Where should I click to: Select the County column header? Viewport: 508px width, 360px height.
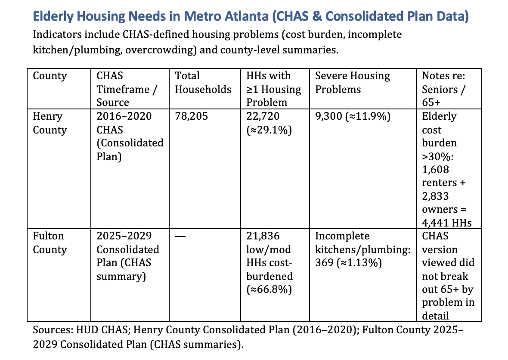point(50,76)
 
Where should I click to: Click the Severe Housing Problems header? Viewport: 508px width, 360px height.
point(353,83)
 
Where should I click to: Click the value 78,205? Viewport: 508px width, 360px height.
point(191,117)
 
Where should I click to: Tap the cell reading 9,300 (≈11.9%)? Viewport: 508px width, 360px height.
point(353,117)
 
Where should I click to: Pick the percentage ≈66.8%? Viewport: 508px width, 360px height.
point(269,290)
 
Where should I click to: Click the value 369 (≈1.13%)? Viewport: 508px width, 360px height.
point(349,263)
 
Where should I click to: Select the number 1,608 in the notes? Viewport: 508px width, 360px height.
point(435,170)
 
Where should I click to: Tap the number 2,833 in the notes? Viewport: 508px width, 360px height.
point(435,196)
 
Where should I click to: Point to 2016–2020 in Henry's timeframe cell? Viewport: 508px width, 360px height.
point(124,117)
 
